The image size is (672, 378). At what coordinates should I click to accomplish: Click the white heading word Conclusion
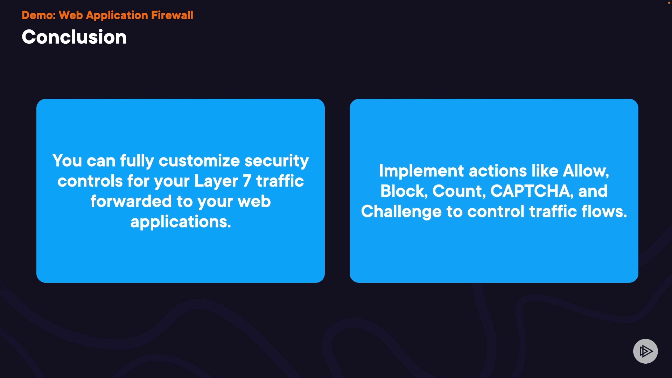pyautogui.click(x=74, y=37)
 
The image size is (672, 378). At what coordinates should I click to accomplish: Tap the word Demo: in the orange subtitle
pyautogui.click(x=38, y=15)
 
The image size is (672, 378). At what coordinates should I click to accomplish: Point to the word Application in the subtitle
pyautogui.click(x=117, y=15)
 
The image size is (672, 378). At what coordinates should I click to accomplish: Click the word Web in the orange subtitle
pyautogui.click(x=71, y=15)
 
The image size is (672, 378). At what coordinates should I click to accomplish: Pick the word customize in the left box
pyautogui.click(x=199, y=161)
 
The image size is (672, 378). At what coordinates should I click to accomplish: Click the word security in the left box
pyautogui.click(x=276, y=161)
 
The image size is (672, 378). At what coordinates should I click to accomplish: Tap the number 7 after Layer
pyautogui.click(x=247, y=181)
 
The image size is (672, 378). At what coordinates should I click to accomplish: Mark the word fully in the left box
pyautogui.click(x=137, y=161)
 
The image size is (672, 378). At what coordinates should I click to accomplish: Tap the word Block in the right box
pyautogui.click(x=402, y=191)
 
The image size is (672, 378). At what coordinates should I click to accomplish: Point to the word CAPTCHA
pyautogui.click(x=530, y=191)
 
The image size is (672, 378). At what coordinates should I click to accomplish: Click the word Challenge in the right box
pyautogui.click(x=401, y=212)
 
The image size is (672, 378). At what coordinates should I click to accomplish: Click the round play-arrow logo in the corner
pyautogui.click(x=645, y=351)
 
